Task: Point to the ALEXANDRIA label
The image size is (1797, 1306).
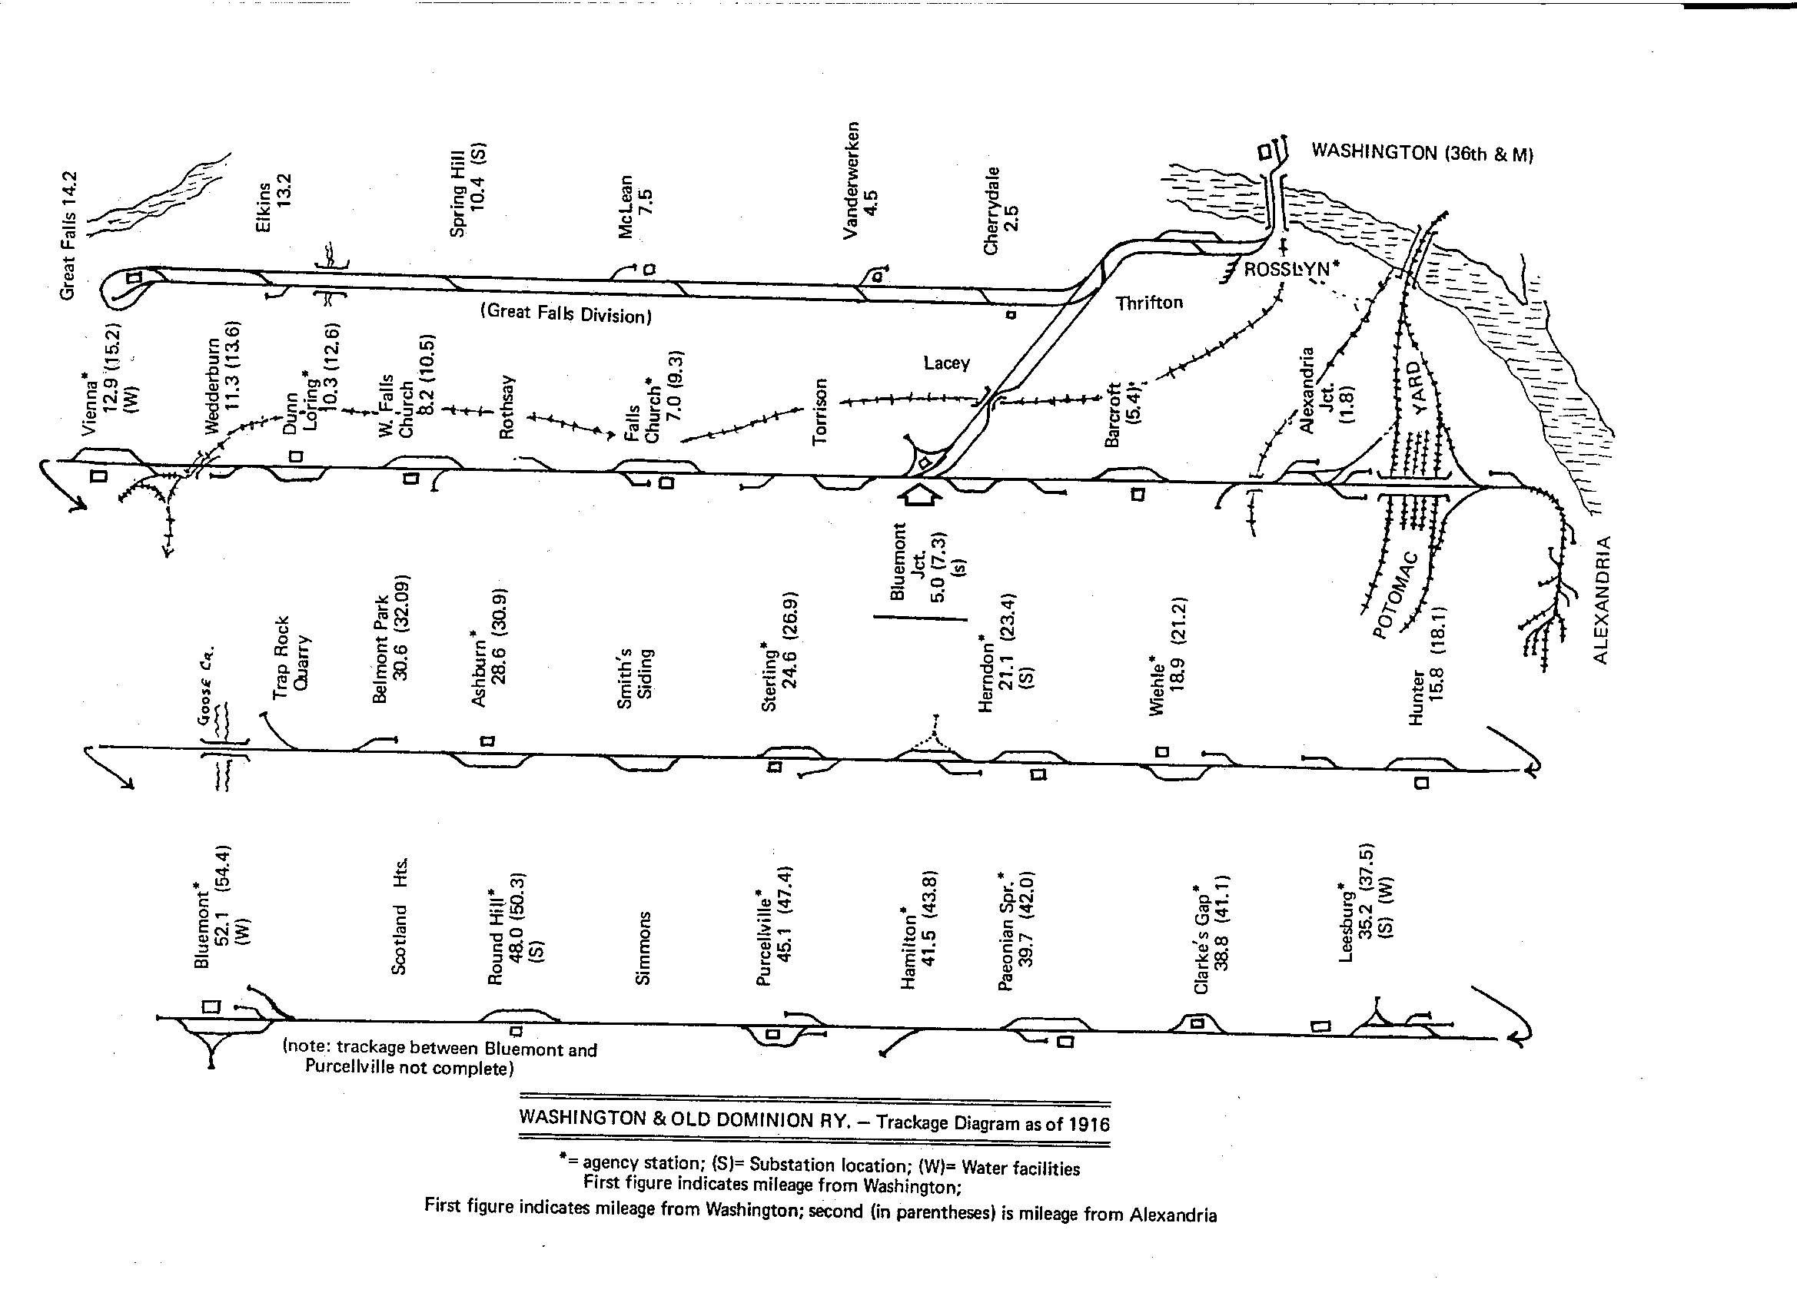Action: (1600, 599)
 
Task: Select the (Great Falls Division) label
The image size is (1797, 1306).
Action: (566, 313)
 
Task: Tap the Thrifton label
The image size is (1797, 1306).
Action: (1149, 303)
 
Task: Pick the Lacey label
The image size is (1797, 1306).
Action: (946, 363)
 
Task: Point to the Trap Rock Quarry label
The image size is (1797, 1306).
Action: (291, 658)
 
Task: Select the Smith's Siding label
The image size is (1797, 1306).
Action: (635, 679)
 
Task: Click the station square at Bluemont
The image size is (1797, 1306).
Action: (211, 1006)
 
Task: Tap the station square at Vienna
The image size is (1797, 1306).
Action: (98, 476)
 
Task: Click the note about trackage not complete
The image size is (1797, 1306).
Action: (440, 1058)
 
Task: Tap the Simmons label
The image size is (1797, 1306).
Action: (643, 948)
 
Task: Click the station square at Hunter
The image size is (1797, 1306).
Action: (1422, 784)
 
